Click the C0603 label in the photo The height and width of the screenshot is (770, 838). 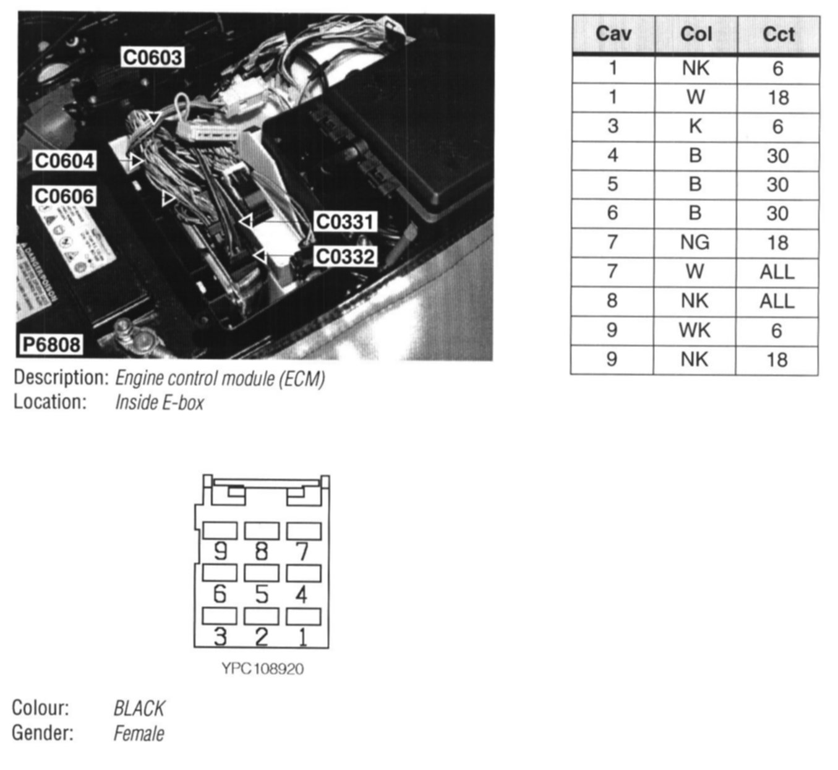pyautogui.click(x=152, y=58)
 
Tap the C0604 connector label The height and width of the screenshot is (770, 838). pyautogui.click(x=64, y=161)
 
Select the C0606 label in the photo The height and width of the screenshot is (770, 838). pyautogui.click(x=64, y=197)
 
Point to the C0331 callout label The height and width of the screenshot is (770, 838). pyautogui.click(x=344, y=222)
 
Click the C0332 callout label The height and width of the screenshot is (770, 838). pyautogui.click(x=344, y=256)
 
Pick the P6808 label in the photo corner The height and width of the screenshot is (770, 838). pyautogui.click(x=51, y=344)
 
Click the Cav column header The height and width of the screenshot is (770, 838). pyautogui.click(x=613, y=34)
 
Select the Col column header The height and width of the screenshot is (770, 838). pyautogui.click(x=696, y=34)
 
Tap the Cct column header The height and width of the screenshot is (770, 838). pyautogui.click(x=778, y=34)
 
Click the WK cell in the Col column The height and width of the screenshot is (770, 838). pyautogui.click(x=695, y=330)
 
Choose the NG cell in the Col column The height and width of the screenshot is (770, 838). pyautogui.click(x=695, y=242)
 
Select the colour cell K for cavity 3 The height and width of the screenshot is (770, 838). pyautogui.click(x=695, y=126)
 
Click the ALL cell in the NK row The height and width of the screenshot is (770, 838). pyautogui.click(x=777, y=301)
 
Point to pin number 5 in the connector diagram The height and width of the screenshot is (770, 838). pyautogui.click(x=262, y=594)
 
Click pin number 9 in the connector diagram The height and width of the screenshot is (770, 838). pyautogui.click(x=220, y=551)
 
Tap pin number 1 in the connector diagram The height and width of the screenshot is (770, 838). pyautogui.click(x=302, y=636)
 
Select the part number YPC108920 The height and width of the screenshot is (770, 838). pyautogui.click(x=262, y=669)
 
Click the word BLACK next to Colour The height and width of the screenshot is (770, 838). pyautogui.click(x=139, y=709)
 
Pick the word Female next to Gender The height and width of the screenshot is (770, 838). pyautogui.click(x=139, y=734)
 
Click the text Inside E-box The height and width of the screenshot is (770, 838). pyautogui.click(x=160, y=403)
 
